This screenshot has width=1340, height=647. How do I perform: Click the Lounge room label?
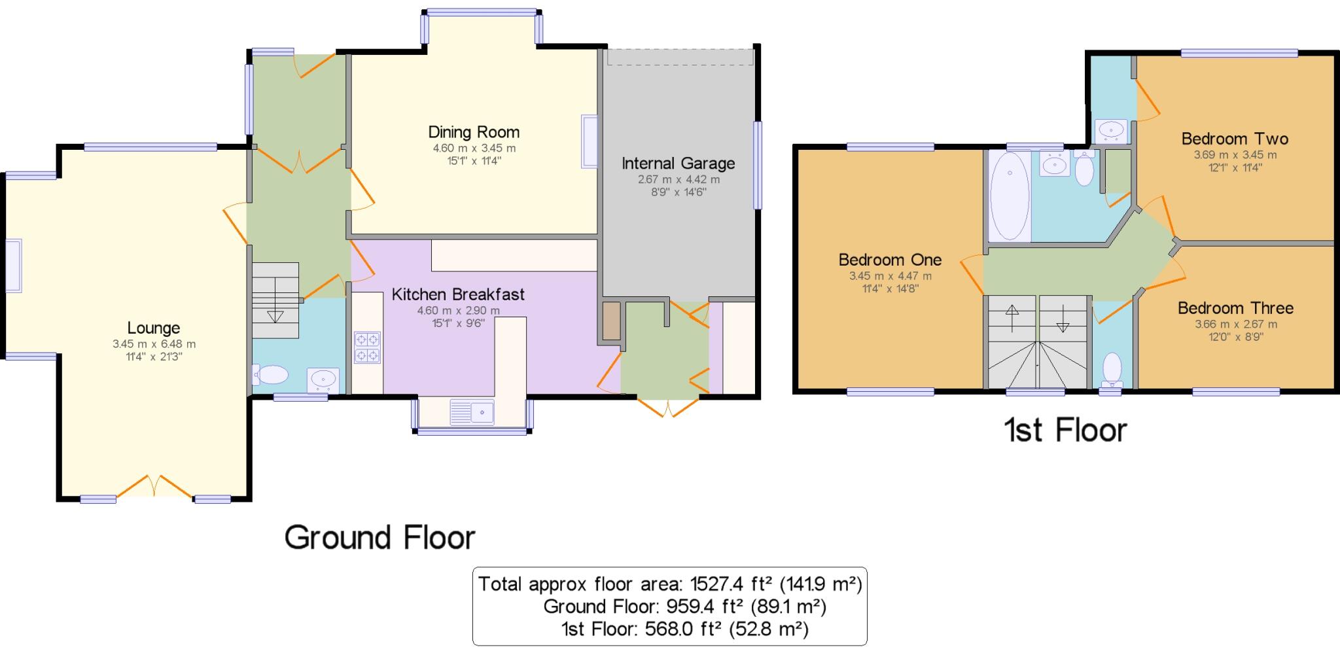coord(153,328)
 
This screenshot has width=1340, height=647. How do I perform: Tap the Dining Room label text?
coord(474,132)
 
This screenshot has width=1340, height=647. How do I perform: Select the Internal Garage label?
coord(678,163)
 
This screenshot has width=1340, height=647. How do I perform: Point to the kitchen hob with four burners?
coord(367,347)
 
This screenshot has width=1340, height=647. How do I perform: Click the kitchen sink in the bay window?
coord(472,412)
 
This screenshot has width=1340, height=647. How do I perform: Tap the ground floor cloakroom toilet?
coord(272,375)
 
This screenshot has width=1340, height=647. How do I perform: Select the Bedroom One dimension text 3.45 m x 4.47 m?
coord(890,276)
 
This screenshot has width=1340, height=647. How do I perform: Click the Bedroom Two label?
coord(1234,139)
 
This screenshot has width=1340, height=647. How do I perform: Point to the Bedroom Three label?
coord(1235,308)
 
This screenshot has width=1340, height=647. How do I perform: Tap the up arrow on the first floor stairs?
coord(1012,317)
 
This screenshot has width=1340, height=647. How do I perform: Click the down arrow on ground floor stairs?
coord(275,315)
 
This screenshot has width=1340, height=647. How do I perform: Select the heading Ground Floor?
coord(379,538)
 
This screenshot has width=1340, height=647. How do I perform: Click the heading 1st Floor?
coord(1065,430)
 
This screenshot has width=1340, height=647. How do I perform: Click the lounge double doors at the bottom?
coord(155,487)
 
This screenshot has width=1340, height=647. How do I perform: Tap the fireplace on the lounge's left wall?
coord(14,266)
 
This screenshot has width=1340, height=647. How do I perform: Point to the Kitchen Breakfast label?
coord(458,294)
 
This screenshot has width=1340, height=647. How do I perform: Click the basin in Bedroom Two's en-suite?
coord(1111,130)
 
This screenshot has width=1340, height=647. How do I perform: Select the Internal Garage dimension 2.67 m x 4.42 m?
coord(679,179)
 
